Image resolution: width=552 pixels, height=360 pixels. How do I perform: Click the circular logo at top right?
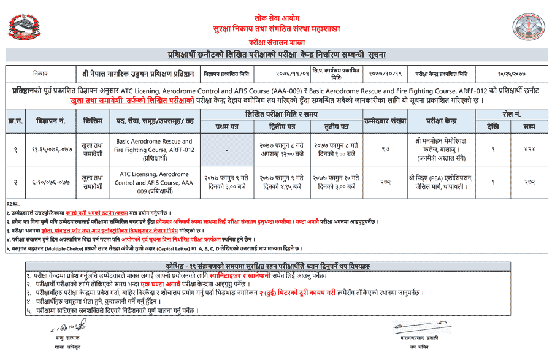[x=528, y=26]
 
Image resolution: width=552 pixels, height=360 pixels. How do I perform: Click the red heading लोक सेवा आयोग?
[x=275, y=18]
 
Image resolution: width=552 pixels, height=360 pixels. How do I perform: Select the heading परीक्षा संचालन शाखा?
[x=275, y=42]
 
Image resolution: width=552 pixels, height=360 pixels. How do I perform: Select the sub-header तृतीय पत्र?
[x=337, y=126]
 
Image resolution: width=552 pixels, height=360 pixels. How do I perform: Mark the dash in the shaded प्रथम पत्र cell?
[x=228, y=150]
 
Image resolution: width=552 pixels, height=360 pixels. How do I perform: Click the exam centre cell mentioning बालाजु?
[x=443, y=150]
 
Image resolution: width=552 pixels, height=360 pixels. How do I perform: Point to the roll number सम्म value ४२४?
[x=529, y=150]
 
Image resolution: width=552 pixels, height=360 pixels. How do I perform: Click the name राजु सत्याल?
[x=59, y=338]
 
